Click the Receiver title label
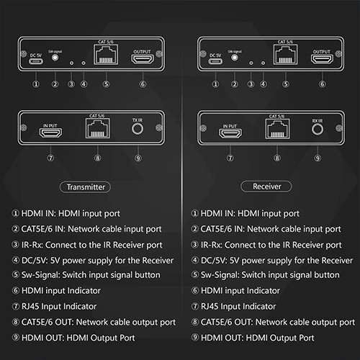point(267,186)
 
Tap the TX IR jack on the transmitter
point(138,130)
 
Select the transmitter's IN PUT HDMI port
point(50,134)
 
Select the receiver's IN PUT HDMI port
point(230,134)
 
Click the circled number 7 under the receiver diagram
point(230,156)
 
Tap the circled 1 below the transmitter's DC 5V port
point(35,84)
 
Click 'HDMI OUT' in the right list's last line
point(219,337)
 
